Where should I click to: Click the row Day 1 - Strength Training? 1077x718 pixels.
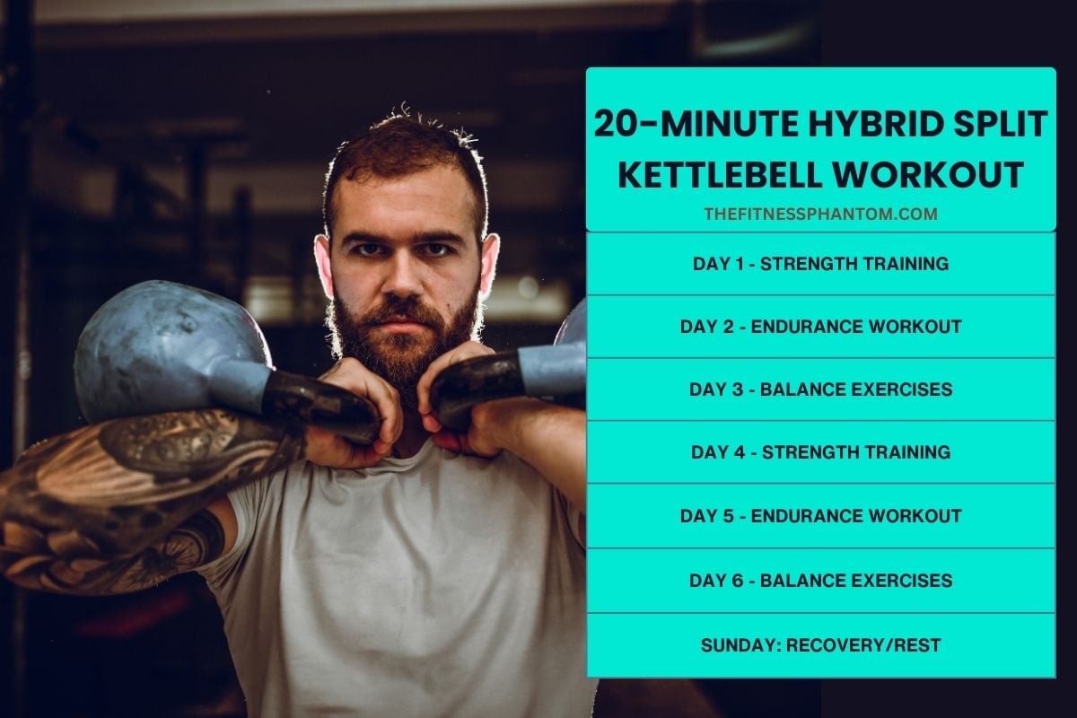[820, 264]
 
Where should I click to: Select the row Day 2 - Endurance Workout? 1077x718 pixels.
[820, 327]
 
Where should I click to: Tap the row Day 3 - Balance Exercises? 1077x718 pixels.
[820, 390]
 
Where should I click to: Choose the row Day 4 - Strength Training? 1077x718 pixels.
[820, 452]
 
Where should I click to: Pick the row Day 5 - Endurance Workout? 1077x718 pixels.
[820, 516]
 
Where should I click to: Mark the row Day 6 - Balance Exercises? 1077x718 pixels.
[820, 581]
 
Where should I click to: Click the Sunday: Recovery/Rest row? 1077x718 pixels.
[820, 644]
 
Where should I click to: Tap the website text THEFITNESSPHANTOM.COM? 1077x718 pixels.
[820, 214]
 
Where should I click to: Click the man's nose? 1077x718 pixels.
[405, 274]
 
